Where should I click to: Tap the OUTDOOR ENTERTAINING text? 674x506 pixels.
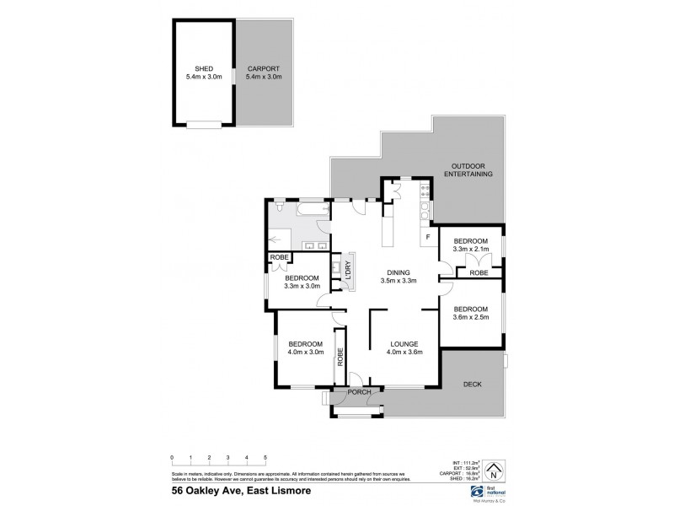click(x=471, y=170)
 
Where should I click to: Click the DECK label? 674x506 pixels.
click(x=473, y=385)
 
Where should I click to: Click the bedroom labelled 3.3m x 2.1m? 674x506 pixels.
click(x=470, y=245)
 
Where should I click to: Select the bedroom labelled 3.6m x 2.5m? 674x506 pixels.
click(x=470, y=313)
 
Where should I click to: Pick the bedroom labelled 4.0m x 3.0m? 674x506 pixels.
click(x=305, y=347)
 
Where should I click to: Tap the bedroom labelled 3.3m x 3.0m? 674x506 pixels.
click(x=301, y=283)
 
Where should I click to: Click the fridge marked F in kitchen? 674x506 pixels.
click(x=429, y=237)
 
